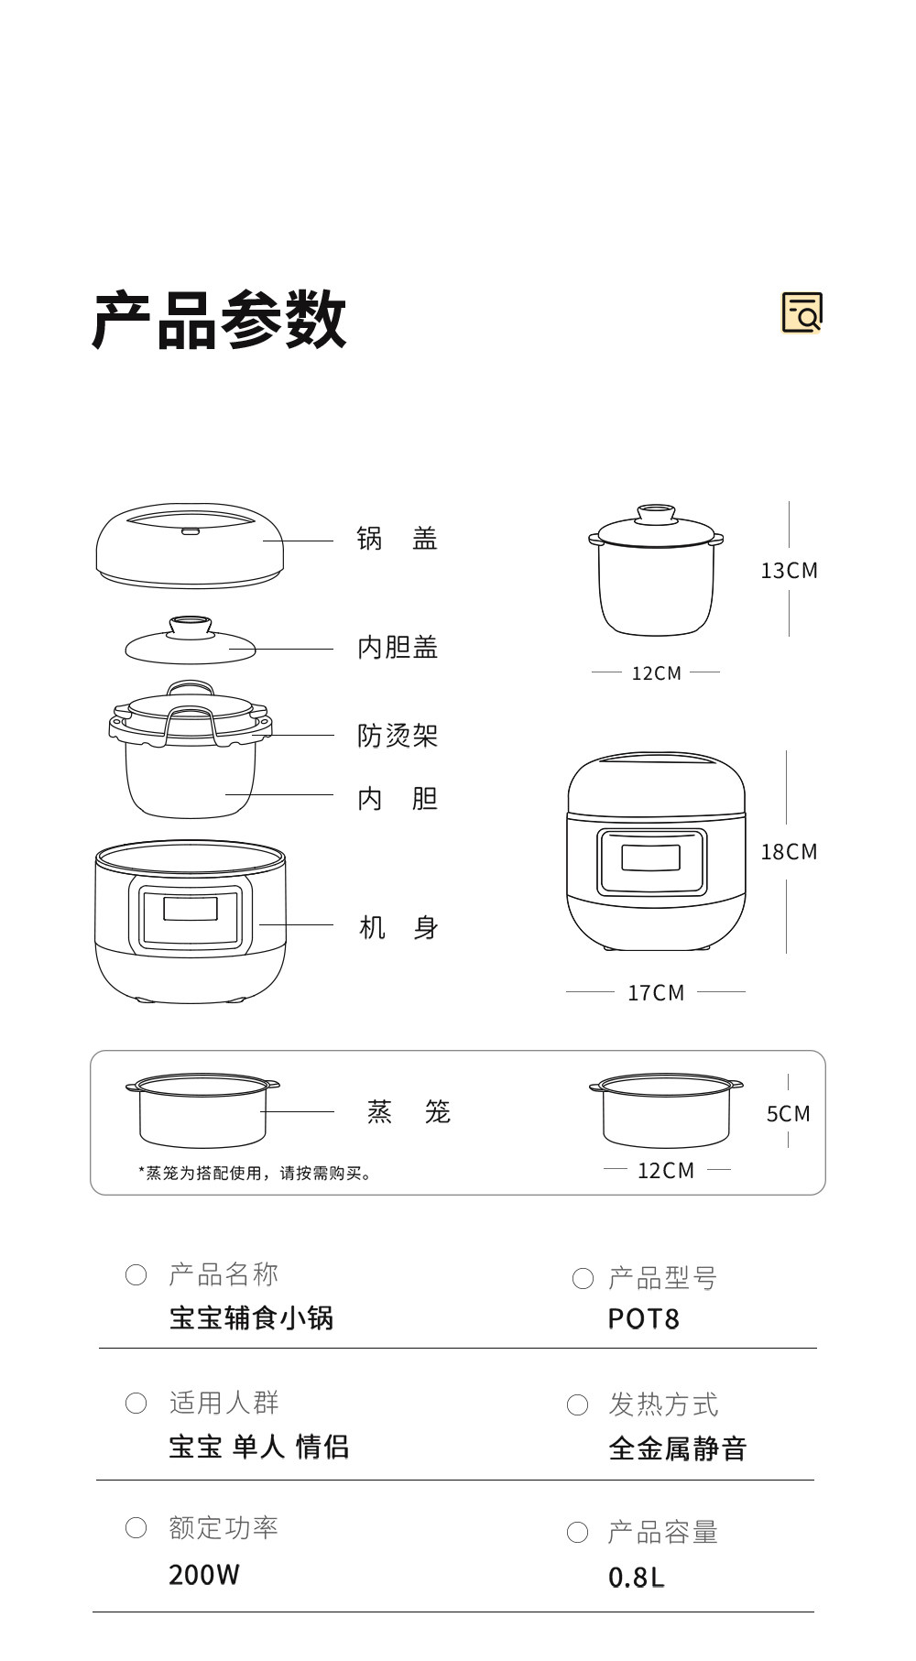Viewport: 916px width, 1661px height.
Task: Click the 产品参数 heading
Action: [x=220, y=320]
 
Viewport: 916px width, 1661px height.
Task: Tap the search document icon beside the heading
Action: [x=801, y=312]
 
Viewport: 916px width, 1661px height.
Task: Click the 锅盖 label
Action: [x=397, y=539]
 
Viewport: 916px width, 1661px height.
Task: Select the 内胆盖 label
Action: [x=398, y=648]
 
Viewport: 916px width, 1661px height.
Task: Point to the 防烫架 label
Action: [x=398, y=736]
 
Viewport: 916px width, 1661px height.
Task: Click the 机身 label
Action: [x=398, y=928]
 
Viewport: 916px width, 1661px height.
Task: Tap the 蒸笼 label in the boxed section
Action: [x=409, y=1112]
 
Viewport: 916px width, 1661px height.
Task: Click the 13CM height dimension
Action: [x=789, y=571]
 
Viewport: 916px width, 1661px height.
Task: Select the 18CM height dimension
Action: [x=789, y=852]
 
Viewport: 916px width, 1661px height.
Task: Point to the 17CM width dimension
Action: [x=656, y=993]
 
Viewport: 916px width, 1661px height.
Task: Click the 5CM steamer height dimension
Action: [x=788, y=1114]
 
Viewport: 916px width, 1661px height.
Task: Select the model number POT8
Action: [x=643, y=1319]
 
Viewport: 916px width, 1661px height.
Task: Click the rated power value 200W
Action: [x=204, y=1575]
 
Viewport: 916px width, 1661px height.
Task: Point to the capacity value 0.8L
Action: [x=636, y=1578]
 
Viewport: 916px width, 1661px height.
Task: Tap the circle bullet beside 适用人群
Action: [x=136, y=1403]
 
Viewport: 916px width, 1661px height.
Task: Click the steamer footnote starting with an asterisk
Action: [x=255, y=1174]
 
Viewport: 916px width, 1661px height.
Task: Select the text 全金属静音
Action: [x=678, y=1449]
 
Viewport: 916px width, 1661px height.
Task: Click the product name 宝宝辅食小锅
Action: [x=251, y=1318]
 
